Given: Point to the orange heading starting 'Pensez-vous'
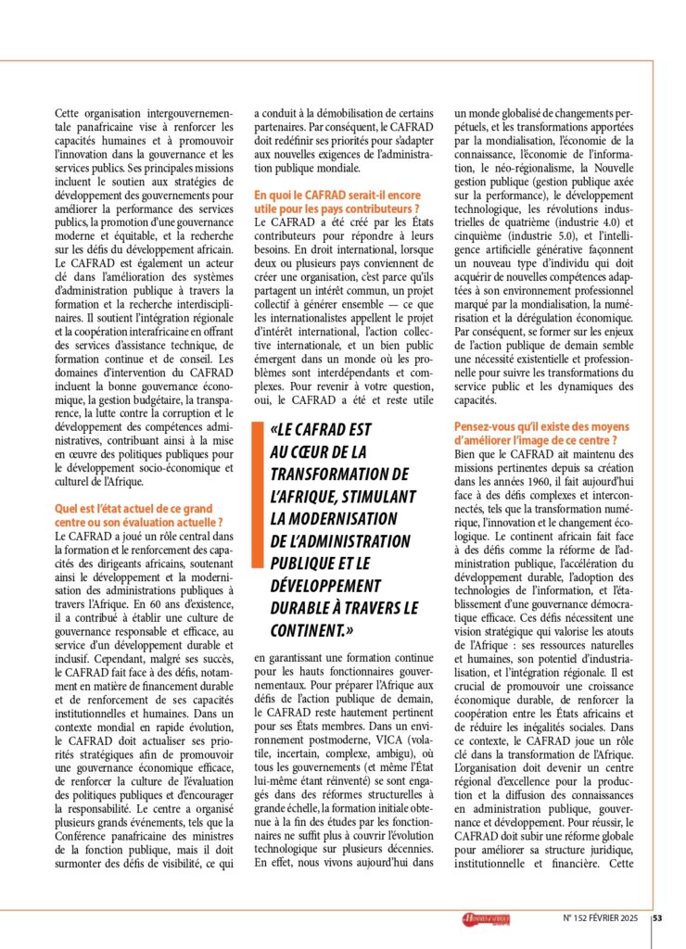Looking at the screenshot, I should (550, 432).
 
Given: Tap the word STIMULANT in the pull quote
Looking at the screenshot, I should (370, 496).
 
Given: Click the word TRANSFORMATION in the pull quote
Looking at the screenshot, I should (334, 474).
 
